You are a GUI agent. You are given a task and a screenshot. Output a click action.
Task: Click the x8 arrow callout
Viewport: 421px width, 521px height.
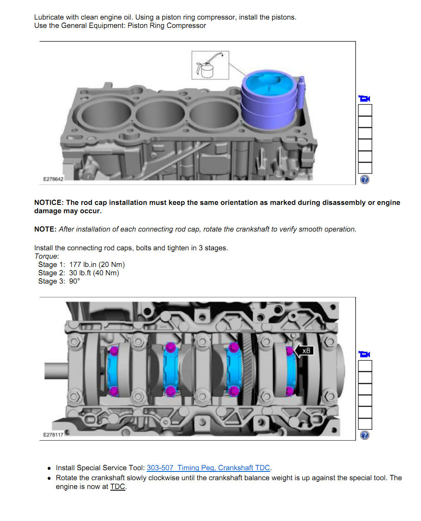click(x=303, y=351)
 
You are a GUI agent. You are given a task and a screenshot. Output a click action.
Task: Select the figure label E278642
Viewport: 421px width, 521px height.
click(x=53, y=179)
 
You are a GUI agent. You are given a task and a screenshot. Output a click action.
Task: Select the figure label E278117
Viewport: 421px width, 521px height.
click(x=53, y=435)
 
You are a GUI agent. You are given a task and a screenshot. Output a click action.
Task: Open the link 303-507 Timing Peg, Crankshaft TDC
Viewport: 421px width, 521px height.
click(x=208, y=468)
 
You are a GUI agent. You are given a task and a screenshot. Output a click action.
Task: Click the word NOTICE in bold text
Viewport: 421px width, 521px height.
click(x=48, y=202)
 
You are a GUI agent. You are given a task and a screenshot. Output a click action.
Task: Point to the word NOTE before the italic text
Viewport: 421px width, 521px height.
click(x=45, y=229)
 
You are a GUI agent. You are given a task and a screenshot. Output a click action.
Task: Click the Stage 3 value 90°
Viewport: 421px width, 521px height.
click(x=74, y=281)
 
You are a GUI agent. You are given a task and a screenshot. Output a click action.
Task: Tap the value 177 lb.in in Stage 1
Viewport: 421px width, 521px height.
click(x=82, y=264)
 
